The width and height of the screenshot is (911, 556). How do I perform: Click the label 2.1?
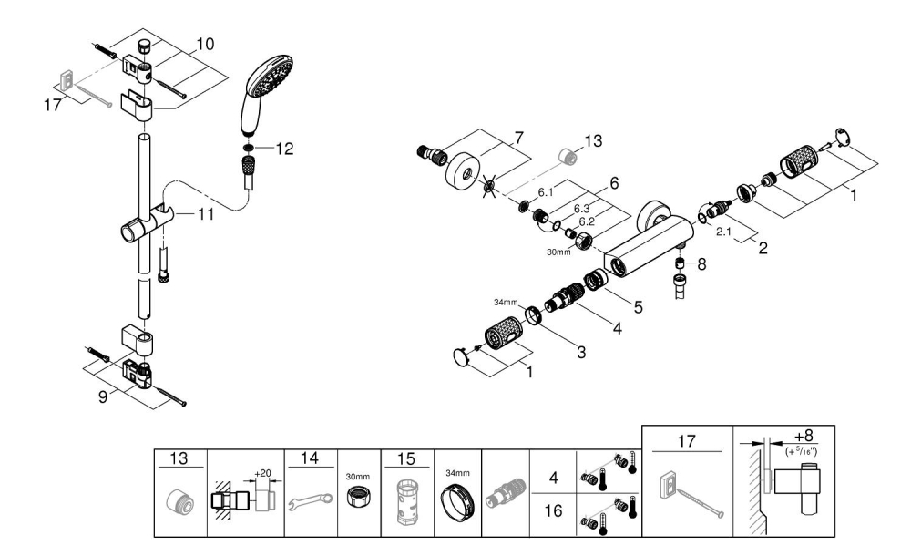(726, 232)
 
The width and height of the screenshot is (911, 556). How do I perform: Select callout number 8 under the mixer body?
(701, 263)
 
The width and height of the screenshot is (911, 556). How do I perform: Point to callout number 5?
(639, 307)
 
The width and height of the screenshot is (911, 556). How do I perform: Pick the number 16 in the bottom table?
(552, 513)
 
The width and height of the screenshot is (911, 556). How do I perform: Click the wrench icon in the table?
(310, 499)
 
